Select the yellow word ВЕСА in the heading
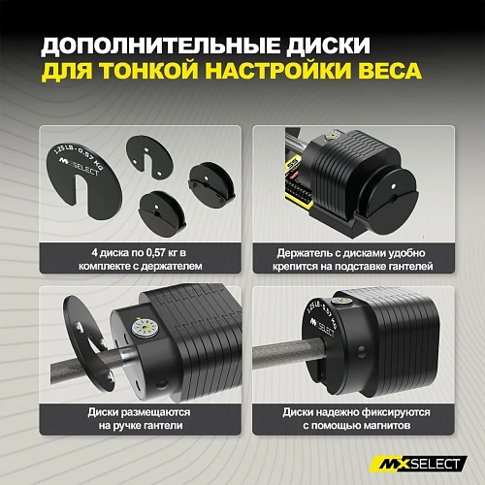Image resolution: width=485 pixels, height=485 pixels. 395,74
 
